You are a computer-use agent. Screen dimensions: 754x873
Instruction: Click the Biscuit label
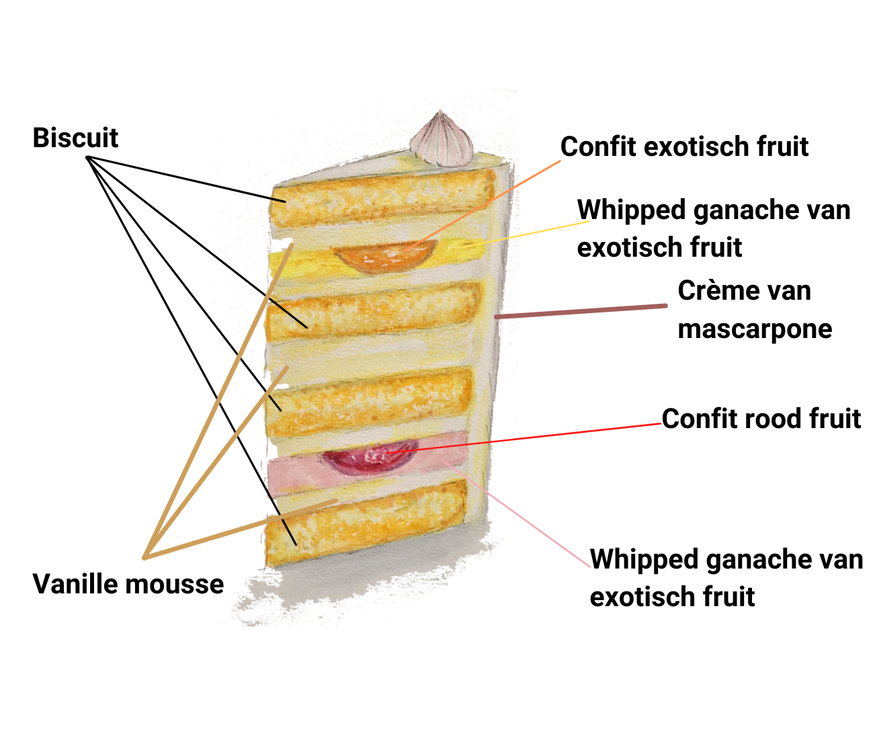pos(75,138)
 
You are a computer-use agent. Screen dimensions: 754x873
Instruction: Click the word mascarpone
pos(755,329)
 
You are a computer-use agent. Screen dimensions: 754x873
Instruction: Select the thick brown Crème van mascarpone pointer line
pos(581,310)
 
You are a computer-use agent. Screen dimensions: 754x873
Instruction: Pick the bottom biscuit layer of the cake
pos(366,524)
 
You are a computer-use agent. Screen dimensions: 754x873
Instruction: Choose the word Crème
pos(711,291)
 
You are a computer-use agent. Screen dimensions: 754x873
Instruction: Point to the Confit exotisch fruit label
pos(684,146)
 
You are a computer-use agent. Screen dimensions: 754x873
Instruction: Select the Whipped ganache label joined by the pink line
pos(726,578)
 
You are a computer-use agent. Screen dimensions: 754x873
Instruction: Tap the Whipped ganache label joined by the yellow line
pos(713,228)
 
